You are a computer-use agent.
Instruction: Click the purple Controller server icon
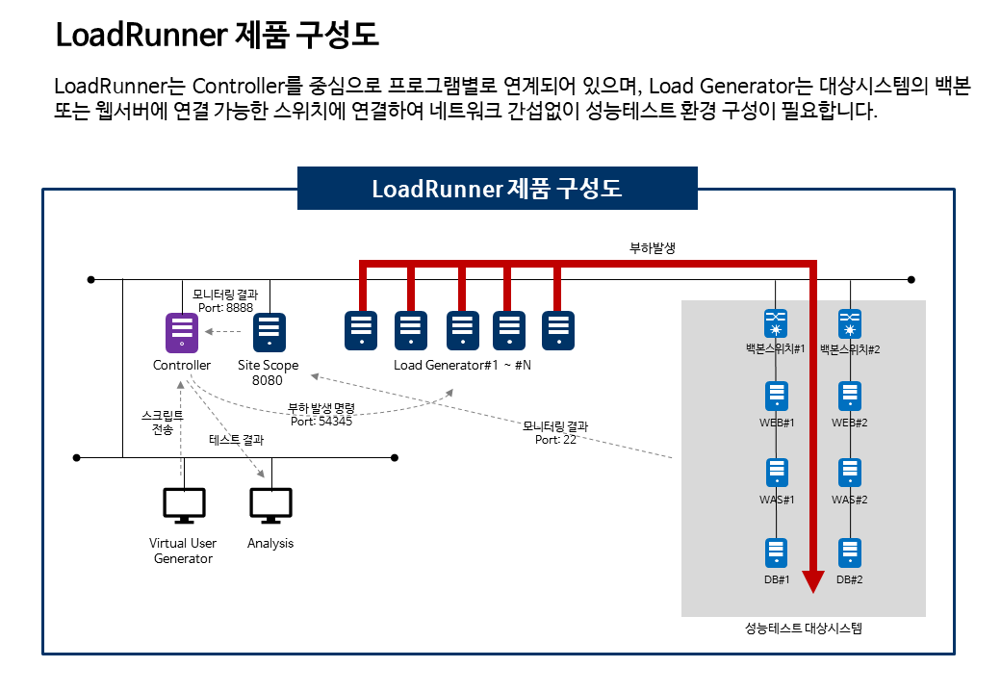click(182, 332)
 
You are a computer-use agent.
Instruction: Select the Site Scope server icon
click(269, 332)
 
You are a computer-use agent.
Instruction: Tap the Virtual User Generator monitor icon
click(184, 505)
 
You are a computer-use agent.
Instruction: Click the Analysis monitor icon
click(270, 505)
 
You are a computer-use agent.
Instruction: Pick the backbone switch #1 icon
click(776, 323)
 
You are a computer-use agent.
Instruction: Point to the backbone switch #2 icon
click(850, 323)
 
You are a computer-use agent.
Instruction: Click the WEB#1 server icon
click(777, 397)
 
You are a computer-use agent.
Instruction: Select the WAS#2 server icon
click(850, 473)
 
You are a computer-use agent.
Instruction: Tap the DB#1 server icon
click(777, 553)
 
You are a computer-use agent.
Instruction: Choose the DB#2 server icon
click(850, 553)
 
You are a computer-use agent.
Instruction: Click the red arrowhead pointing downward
click(812, 581)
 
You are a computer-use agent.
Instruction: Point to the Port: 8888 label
click(225, 308)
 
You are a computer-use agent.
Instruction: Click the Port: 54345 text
click(321, 422)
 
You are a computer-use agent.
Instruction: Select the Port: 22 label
click(555, 440)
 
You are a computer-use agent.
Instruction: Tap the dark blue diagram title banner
click(498, 189)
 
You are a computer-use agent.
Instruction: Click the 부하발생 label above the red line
click(653, 247)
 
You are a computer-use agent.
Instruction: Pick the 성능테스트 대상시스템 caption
click(803, 628)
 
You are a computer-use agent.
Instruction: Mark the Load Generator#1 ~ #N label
click(462, 365)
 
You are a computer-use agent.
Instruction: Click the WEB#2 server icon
click(850, 397)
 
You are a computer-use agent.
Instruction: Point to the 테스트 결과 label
click(236, 440)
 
